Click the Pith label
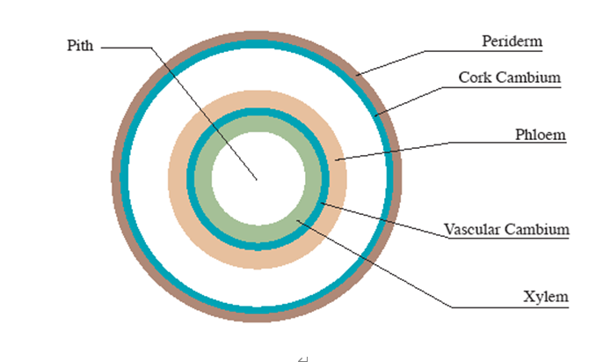(80, 46)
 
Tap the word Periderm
(512, 41)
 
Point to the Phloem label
(541, 135)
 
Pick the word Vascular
(472, 229)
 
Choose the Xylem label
(546, 297)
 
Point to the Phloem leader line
(449, 143)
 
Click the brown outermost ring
(116, 177)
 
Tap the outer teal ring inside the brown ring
(124, 177)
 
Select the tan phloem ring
(178, 180)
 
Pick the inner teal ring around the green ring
(191, 180)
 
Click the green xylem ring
(203, 180)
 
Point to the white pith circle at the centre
(258, 178)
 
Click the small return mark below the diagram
(303, 358)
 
